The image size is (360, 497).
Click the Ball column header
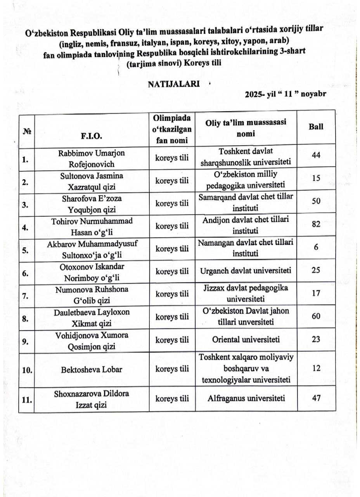coord(316,127)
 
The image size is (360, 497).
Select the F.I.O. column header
coord(91,136)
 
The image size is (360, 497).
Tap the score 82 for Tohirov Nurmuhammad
coord(316,224)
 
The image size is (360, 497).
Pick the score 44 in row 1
coord(316,155)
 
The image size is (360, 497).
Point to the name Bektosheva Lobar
coord(91,369)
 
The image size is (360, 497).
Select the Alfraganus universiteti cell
coord(246,398)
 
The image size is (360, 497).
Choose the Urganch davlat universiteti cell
coord(246,271)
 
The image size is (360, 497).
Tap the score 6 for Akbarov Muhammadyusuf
coord(316,247)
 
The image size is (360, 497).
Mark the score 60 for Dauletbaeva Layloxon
coord(316,316)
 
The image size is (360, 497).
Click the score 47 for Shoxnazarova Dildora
coord(316,398)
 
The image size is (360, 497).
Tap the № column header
coord(27,132)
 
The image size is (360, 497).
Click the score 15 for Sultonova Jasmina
coord(316,178)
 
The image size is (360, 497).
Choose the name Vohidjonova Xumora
coord(91,339)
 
